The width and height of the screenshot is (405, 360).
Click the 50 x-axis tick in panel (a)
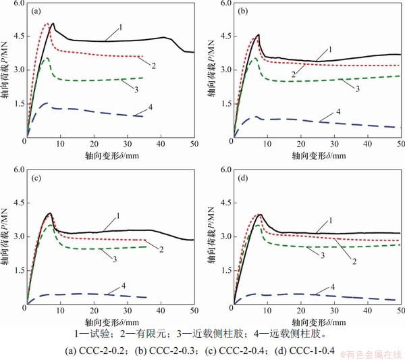(193, 144)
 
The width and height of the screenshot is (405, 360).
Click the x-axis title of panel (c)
(111, 322)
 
